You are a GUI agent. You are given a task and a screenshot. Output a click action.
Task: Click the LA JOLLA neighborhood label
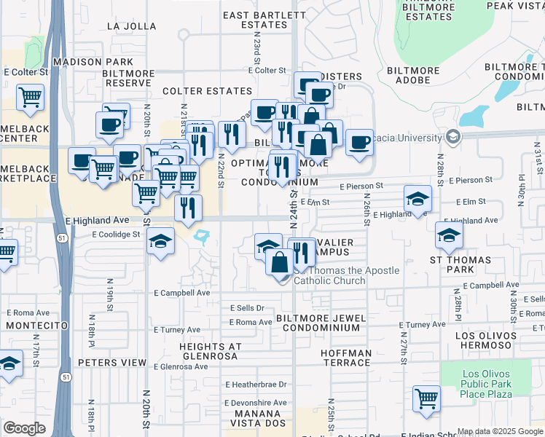click(131, 25)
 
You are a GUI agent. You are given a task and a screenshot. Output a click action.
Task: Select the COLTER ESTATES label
click(207, 91)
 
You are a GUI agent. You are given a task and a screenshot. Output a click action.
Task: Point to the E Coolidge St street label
click(115, 235)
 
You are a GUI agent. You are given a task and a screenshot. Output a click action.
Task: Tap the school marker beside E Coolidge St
click(160, 243)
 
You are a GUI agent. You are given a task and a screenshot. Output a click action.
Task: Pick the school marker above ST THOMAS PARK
click(449, 235)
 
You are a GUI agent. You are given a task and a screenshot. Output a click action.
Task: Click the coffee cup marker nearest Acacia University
click(359, 142)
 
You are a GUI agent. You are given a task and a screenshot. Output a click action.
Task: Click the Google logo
click(25, 428)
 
